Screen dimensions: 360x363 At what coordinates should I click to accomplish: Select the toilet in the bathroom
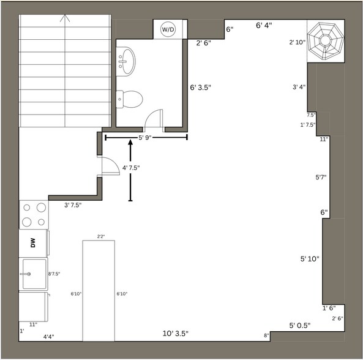pos(130,97)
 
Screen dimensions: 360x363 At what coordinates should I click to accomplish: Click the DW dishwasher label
pos(33,244)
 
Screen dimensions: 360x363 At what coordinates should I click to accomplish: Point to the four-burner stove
pos(34,214)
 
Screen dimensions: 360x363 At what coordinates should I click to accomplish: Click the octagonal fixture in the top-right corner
pos(325,40)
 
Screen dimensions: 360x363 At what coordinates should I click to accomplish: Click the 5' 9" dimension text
pos(146,138)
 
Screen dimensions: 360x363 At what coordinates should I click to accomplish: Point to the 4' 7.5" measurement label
pos(134,168)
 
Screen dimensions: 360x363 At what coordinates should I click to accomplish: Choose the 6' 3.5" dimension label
pos(200,88)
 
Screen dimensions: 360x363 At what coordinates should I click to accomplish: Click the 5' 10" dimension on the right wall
pos(310,259)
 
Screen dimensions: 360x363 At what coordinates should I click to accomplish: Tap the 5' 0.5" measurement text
pos(300,325)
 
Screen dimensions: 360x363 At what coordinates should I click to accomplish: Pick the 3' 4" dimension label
pos(299,87)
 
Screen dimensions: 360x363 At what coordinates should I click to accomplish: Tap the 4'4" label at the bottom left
pos(51,336)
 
